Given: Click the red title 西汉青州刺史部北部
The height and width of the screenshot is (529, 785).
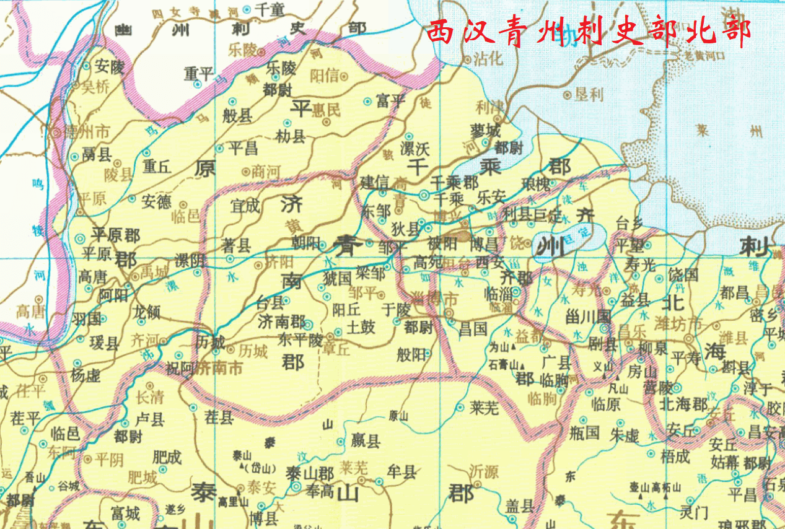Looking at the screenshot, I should (589, 32).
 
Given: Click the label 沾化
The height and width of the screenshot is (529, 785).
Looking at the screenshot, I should (487, 59).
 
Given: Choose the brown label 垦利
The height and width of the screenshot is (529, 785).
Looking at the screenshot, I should (589, 95).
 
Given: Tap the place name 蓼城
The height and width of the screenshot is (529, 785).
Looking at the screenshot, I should (485, 132).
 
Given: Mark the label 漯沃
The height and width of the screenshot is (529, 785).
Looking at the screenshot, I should (414, 149).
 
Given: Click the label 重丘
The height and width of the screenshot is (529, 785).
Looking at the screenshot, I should (157, 167).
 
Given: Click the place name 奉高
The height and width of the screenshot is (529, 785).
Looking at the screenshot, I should (322, 490).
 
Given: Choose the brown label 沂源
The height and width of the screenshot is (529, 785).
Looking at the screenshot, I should (483, 471).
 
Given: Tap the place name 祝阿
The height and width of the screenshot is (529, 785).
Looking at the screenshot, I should (180, 368).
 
